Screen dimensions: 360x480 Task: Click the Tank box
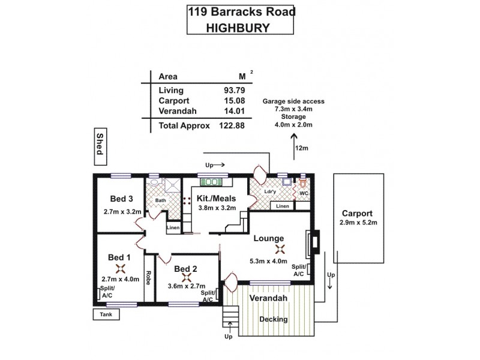[x=106, y=314]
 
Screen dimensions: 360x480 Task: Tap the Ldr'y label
[x=269, y=192]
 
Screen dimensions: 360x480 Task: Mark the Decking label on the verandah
[x=273, y=319]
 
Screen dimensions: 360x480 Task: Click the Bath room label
[x=160, y=200]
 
